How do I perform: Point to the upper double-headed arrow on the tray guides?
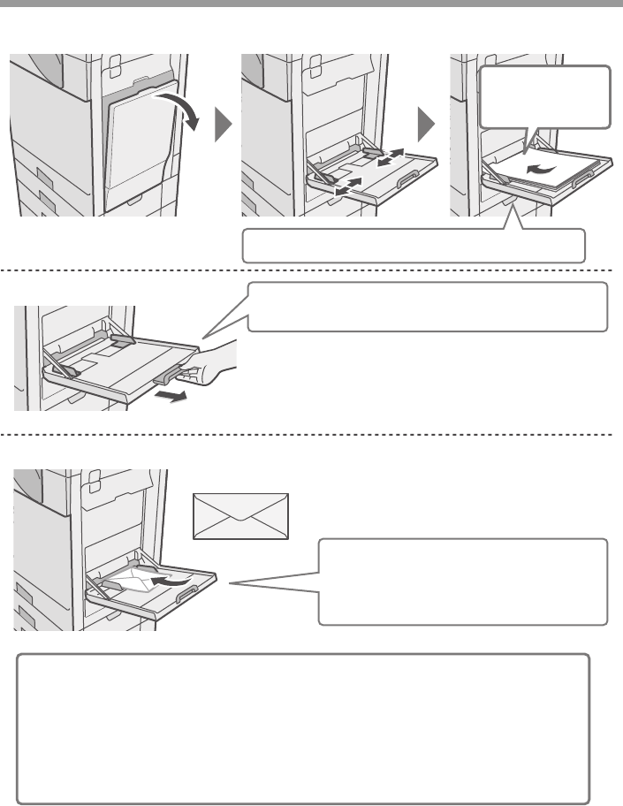point(389,160)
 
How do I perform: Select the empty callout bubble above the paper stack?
point(543,96)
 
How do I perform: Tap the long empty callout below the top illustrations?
point(414,244)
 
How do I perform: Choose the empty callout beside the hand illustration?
point(428,306)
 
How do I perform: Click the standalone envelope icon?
point(241,516)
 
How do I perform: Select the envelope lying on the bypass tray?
point(132,581)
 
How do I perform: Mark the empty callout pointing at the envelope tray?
point(463,581)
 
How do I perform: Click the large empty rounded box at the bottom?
point(304,728)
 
